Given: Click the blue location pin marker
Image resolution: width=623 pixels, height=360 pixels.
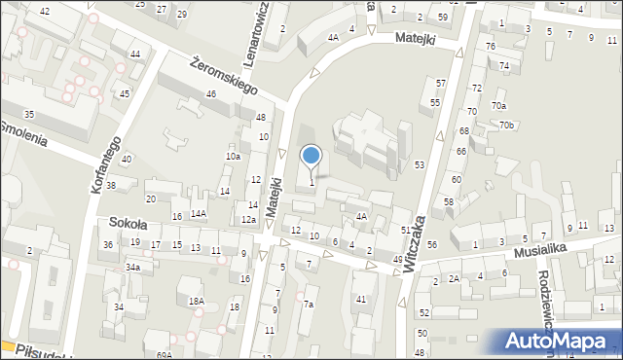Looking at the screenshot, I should coord(311,156).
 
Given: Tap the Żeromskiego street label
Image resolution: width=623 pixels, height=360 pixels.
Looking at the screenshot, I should coord(224,75).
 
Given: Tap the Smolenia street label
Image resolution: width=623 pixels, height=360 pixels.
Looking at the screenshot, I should coord(23,132).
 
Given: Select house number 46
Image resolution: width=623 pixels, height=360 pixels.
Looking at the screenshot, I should coord(210,94).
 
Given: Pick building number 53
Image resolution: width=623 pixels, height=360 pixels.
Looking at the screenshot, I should coord(420,165).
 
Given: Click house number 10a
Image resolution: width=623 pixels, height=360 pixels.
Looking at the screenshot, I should coord(233,156).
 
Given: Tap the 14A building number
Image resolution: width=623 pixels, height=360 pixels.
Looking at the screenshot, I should coord(199,213).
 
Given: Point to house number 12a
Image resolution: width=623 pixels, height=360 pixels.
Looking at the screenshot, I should coord(248,220).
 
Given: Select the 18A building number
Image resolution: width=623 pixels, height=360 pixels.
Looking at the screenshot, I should coord(197,302).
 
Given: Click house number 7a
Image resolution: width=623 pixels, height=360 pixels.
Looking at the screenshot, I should coord(308,305).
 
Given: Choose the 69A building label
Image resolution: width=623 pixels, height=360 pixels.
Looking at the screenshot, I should coord(164,355).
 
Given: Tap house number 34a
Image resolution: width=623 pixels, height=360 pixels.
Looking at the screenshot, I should coord(132,267).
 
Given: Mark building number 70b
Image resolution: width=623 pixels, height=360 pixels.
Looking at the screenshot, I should coord(506,125).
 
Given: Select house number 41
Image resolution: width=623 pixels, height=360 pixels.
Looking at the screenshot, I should coord(360,300).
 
